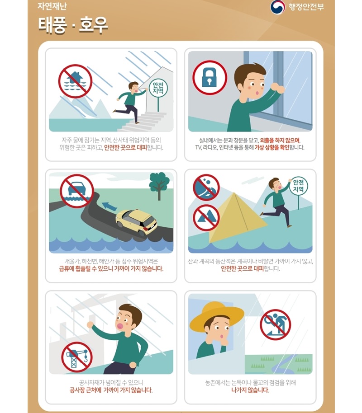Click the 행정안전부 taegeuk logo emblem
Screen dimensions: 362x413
277,7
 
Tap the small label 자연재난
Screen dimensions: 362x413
52,6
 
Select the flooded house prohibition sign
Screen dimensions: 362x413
76,81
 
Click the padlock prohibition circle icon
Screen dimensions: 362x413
210,78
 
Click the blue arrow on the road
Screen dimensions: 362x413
110,206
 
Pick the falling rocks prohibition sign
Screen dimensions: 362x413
206,187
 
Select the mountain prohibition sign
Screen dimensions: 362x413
206,217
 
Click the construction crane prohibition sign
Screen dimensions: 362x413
77,357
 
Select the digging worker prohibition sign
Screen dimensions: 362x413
275,324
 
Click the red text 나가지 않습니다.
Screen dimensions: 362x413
250,390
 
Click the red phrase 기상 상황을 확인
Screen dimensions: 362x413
272,147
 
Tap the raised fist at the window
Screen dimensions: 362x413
277,88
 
